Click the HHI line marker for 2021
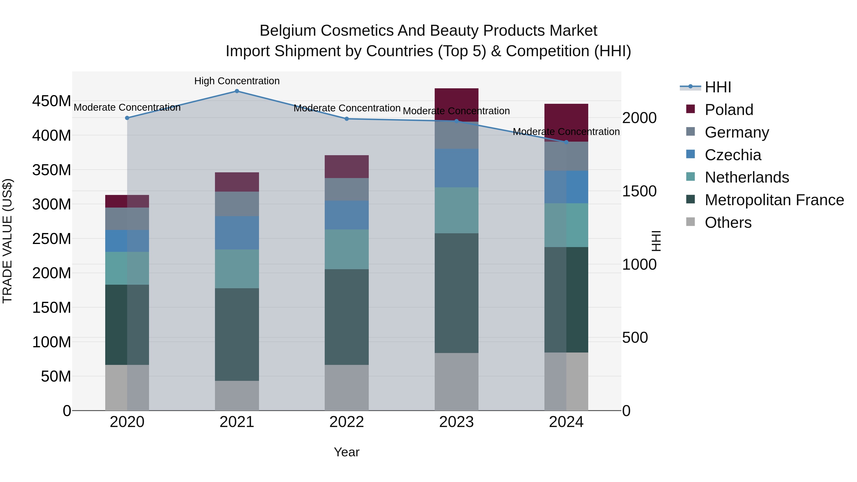pos(237,91)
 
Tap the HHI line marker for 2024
pos(566,142)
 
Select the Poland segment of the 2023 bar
pos(456,105)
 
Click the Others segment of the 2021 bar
pos(237,396)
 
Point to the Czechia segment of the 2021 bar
pos(237,233)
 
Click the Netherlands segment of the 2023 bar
pos(456,210)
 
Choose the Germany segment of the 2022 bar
pos(347,189)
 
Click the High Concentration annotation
pos(237,81)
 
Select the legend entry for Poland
pos(729,110)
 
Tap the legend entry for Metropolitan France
pos(774,200)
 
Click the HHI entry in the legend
pos(717,87)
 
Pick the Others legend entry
pos(728,223)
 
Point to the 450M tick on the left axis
pos(52,101)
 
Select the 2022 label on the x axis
pos(347,422)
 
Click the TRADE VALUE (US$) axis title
pos(7,241)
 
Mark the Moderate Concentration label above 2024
pos(566,132)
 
